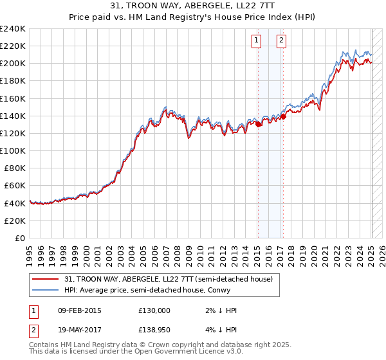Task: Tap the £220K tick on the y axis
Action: [x=13, y=46]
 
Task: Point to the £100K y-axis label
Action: [x=13, y=150]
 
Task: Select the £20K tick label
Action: [x=15, y=221]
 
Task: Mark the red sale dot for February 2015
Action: [x=258, y=125]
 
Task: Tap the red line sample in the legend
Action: [x=46, y=279]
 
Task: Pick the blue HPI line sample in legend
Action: [x=46, y=290]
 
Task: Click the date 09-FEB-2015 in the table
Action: [x=79, y=310]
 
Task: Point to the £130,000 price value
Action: [x=154, y=310]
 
